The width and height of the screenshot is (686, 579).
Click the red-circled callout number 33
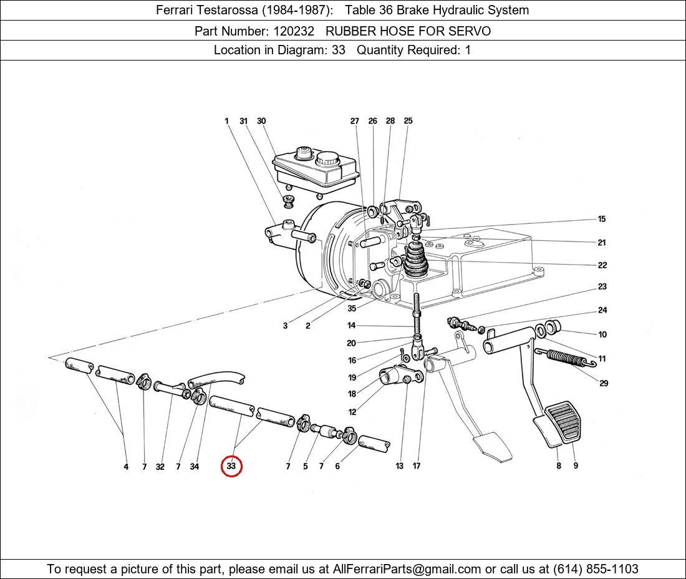[x=231, y=466]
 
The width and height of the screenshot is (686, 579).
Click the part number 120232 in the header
[x=294, y=31]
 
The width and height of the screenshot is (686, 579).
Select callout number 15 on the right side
[x=602, y=219]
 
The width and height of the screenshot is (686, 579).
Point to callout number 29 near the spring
[x=604, y=383]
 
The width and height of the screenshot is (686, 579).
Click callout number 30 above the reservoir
[x=261, y=121]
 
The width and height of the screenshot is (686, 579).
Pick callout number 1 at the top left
[x=226, y=121]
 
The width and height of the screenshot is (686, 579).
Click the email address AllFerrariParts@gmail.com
[x=407, y=569]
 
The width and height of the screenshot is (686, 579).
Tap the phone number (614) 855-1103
[x=596, y=569]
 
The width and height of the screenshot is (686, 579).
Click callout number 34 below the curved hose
[x=195, y=467]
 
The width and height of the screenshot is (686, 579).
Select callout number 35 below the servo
[x=352, y=308]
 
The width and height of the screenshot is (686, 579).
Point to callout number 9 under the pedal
[x=576, y=465]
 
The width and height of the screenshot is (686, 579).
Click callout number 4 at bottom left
[x=126, y=467]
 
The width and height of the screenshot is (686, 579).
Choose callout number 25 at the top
[x=408, y=121]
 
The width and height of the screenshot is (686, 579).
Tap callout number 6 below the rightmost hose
[x=337, y=467]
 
